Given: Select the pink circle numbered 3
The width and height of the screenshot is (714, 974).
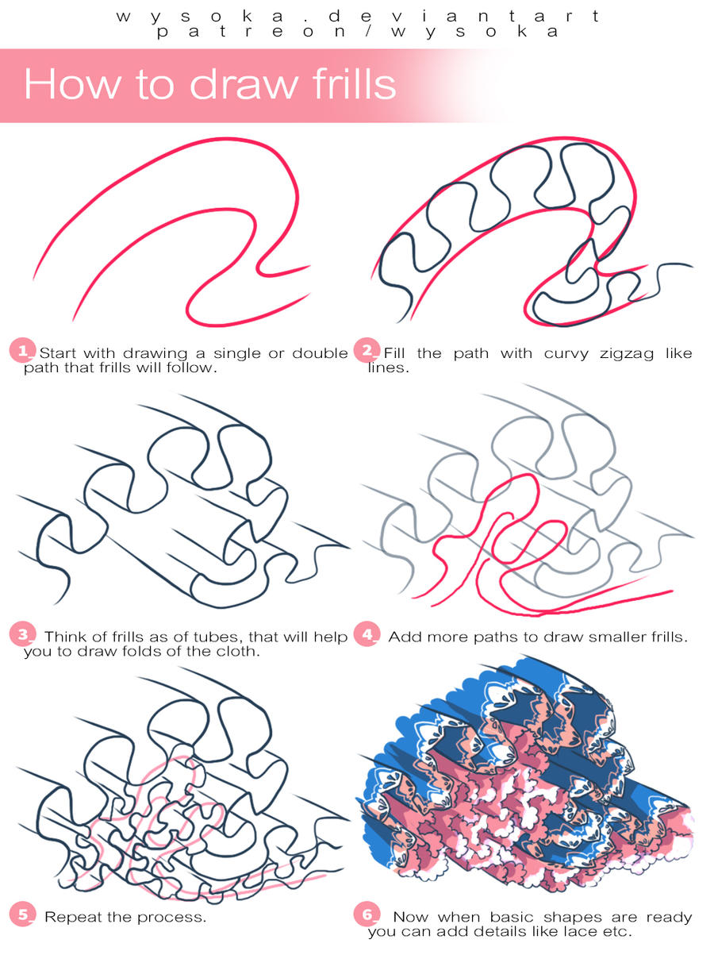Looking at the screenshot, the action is click(22, 633).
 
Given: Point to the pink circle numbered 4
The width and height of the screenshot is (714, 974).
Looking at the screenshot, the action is click(367, 633).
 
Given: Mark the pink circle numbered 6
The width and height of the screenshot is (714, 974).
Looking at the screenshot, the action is click(367, 914).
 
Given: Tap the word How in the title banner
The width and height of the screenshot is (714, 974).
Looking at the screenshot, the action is click(71, 84).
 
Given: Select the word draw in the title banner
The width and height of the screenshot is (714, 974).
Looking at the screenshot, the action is click(243, 84).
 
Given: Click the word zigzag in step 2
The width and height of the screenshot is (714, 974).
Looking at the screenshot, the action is click(626, 353).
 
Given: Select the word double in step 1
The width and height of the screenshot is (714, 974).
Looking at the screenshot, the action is click(320, 352).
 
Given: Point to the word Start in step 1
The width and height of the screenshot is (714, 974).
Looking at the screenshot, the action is click(57, 352).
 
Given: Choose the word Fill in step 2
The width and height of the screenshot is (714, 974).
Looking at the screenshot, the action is click(394, 352).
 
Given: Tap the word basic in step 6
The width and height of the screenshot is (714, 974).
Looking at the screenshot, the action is click(511, 917).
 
